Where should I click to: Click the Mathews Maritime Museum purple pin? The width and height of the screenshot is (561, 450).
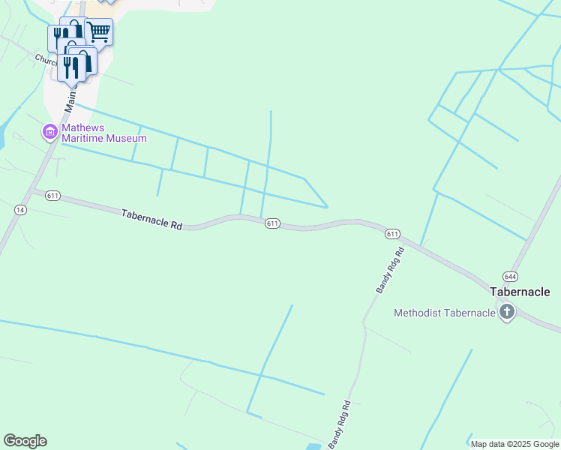click(50, 133)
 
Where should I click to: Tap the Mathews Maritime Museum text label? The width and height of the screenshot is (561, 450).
click(103, 133)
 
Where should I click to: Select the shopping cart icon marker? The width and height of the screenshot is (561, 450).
click(99, 32)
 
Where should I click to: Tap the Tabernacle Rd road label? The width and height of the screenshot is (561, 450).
click(152, 219)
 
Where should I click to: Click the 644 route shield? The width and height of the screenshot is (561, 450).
click(510, 276)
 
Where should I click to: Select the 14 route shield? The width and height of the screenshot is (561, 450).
click(20, 210)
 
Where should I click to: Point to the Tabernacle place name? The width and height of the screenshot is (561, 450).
click(520, 292)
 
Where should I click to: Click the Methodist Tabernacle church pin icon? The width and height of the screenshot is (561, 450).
click(507, 312)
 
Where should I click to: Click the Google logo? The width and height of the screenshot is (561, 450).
click(25, 441)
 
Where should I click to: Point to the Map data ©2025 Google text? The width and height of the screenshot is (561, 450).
click(514, 444)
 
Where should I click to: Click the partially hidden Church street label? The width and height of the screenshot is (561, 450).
click(45, 58)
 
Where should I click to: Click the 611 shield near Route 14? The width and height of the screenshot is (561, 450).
click(52, 196)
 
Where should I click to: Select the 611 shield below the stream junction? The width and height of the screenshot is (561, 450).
click(272, 223)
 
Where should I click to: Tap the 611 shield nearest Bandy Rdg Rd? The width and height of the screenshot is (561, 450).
click(393, 234)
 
